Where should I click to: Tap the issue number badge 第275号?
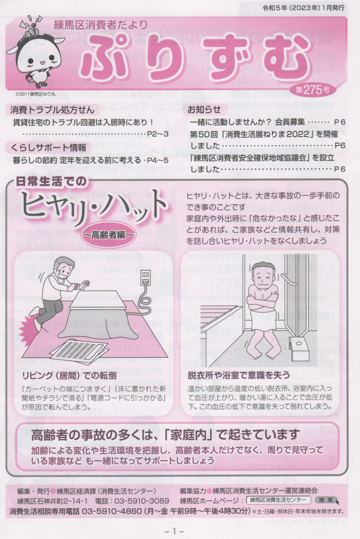313,90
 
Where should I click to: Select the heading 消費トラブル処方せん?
52,110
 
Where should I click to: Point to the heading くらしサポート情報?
48,148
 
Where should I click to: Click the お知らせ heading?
204,110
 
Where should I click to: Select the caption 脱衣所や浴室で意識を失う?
239,375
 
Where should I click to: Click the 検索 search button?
326,500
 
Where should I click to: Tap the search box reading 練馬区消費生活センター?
278,500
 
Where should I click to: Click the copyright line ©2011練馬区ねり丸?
35,93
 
